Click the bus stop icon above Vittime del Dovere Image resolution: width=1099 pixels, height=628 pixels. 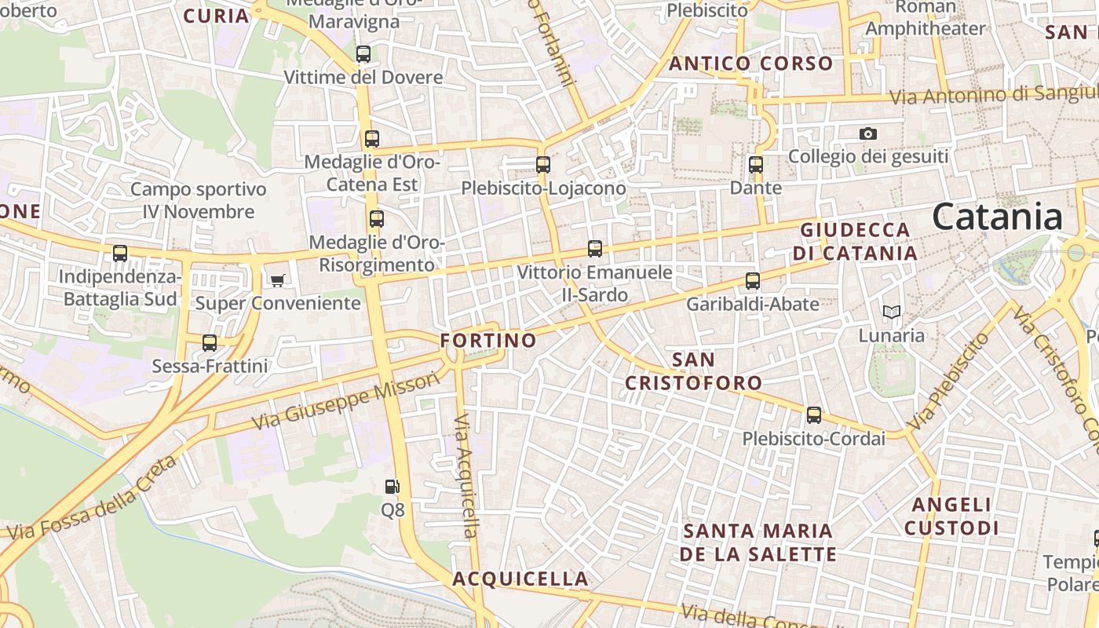(363, 54)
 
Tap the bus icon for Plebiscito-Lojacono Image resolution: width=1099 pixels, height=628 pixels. (542, 165)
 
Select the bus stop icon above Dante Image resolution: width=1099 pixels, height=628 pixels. (755, 165)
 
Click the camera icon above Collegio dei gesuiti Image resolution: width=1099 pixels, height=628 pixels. (867, 133)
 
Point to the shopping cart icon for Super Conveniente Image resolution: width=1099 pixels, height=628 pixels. (277, 280)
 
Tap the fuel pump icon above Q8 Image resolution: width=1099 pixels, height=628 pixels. (392, 487)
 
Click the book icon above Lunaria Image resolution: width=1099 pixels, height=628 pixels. (891, 312)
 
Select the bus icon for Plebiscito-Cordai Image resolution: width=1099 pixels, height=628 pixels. (814, 415)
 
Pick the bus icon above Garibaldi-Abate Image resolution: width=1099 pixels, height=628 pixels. (753, 280)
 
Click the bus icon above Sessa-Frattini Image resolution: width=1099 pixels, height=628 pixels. (210, 343)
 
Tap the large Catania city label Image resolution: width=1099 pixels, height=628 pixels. (998, 217)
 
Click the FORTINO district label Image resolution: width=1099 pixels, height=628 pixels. (488, 341)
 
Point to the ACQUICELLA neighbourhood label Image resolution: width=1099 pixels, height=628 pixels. (520, 579)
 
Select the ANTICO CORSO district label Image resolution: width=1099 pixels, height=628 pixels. (750, 64)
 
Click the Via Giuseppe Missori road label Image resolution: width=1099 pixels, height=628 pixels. (345, 401)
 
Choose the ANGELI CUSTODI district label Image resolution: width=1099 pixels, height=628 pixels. (951, 516)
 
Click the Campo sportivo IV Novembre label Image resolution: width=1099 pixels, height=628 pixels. (199, 200)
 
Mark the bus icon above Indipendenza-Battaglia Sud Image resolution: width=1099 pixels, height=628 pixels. (120, 254)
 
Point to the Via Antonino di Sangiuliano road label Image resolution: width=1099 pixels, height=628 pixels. (993, 94)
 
